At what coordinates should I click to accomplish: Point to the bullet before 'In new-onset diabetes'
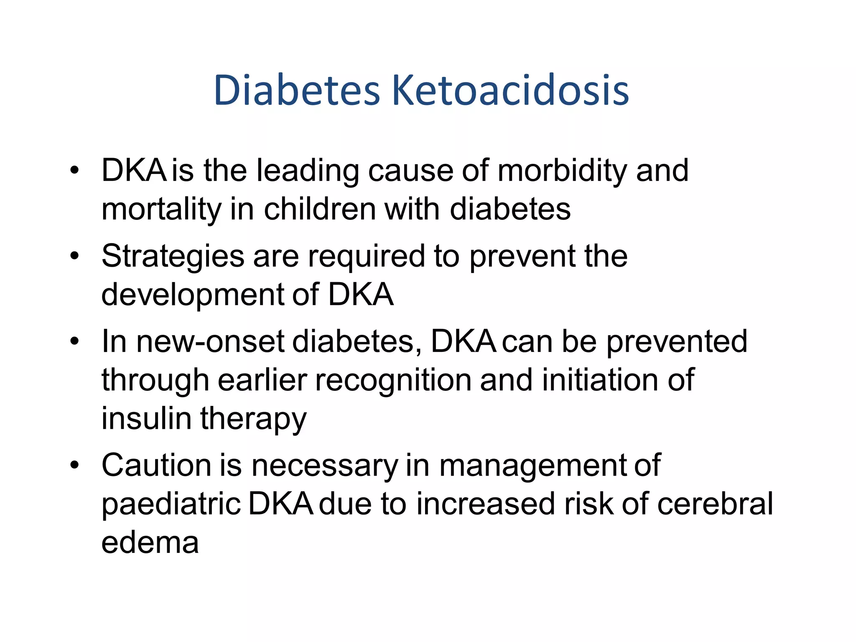pos(74,341)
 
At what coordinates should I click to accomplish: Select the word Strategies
pos(173,257)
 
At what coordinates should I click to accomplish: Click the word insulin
pos(147,418)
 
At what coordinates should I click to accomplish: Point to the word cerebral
pos(715,504)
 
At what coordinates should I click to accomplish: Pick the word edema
pos(150,543)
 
